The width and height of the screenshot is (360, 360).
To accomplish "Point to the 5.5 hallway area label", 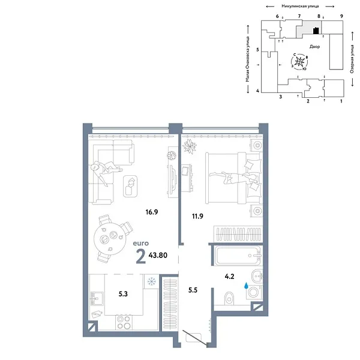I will coord(193,289).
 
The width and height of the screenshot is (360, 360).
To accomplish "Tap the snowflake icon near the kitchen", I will coord(152,280).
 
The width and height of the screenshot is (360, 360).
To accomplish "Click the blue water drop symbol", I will coord(245,287).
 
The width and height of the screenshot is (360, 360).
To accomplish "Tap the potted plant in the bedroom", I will coord(190,146).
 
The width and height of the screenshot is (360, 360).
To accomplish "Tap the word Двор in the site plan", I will coord(315,46).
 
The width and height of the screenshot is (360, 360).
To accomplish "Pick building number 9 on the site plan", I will coord(341,16).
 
